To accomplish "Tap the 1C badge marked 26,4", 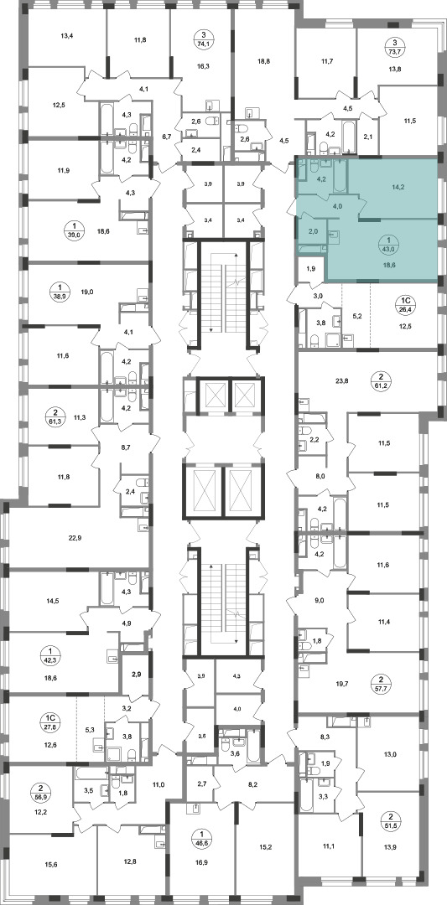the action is pyautogui.click(x=406, y=303).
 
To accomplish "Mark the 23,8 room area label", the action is pyautogui.click(x=342, y=381).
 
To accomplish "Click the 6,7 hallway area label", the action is pyautogui.click(x=167, y=137).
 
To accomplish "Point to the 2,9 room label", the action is pyautogui.click(x=137, y=675).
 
